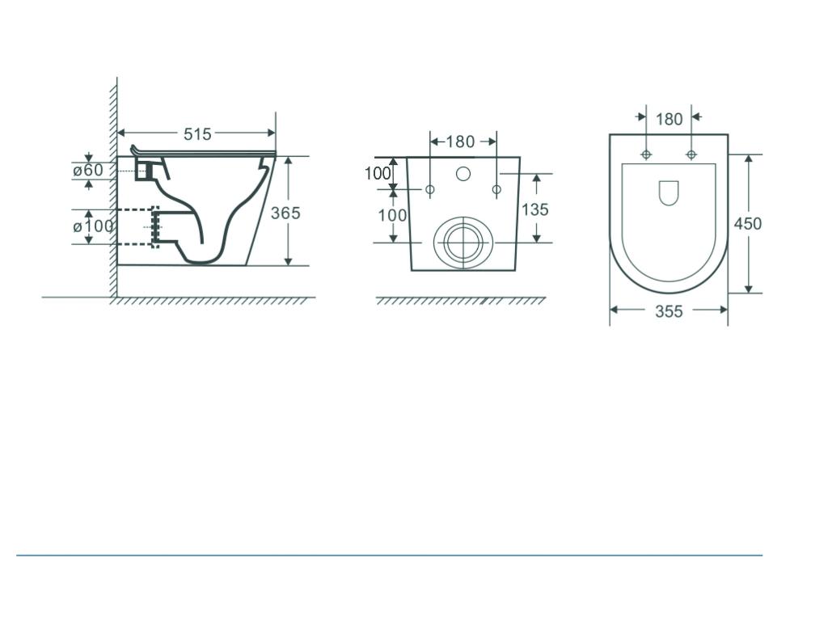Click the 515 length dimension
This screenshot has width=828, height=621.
pyautogui.click(x=197, y=134)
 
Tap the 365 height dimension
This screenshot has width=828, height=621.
pyautogui.click(x=285, y=213)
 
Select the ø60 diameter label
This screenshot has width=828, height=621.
pyautogui.click(x=88, y=171)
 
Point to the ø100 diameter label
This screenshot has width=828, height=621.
pyautogui.click(x=93, y=226)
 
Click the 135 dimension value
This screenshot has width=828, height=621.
pyautogui.click(x=534, y=209)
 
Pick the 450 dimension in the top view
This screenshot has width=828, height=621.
pyautogui.click(x=747, y=223)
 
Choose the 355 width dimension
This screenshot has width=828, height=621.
pyautogui.click(x=669, y=311)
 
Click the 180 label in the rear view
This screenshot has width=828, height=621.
pyautogui.click(x=461, y=142)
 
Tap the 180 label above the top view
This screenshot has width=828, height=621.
pyautogui.click(x=669, y=120)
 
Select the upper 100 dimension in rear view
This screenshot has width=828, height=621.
pyautogui.click(x=378, y=173)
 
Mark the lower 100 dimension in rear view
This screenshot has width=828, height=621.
pyautogui.click(x=393, y=215)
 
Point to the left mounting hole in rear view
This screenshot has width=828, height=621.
pyautogui.click(x=430, y=189)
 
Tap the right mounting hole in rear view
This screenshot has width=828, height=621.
pyautogui.click(x=496, y=189)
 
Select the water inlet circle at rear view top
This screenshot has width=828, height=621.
pyautogui.click(x=463, y=173)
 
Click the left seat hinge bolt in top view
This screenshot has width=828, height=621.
pyautogui.click(x=646, y=154)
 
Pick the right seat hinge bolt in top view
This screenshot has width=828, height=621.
pyautogui.click(x=691, y=154)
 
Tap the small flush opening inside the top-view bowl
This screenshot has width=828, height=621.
pyautogui.click(x=669, y=192)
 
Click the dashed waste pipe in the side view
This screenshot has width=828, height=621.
pyautogui.click(x=137, y=227)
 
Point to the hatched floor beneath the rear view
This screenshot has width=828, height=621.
pyautogui.click(x=461, y=301)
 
